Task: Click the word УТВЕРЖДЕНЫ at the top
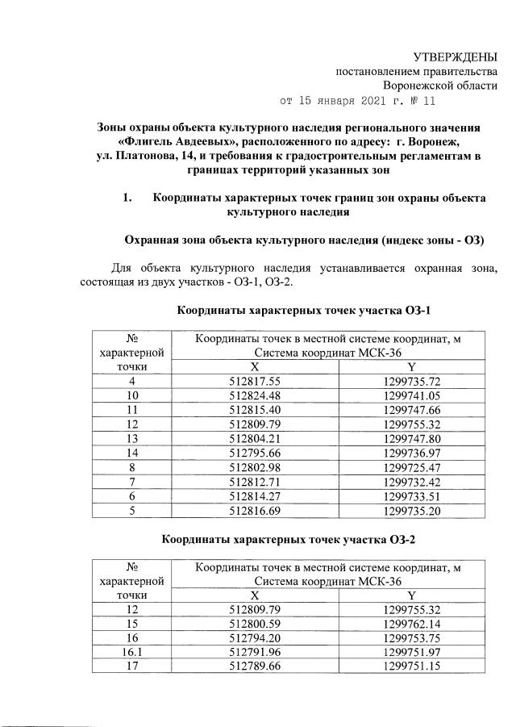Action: click(455, 56)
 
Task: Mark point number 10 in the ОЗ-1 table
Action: click(131, 396)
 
